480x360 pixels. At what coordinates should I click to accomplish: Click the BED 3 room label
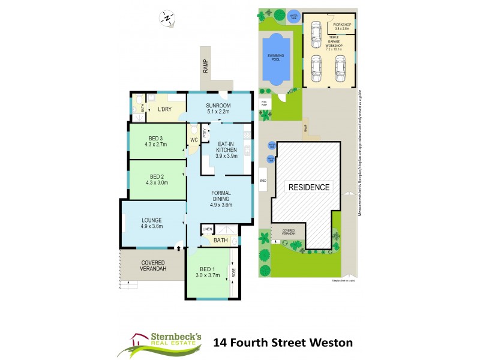(155, 137)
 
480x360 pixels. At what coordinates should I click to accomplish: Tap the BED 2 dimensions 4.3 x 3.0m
(155, 182)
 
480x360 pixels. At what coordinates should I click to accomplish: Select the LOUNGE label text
(152, 220)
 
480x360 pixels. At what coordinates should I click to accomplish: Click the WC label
(194, 140)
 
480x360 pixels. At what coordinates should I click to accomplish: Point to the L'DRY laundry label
(165, 110)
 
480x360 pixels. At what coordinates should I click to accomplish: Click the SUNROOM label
(218, 104)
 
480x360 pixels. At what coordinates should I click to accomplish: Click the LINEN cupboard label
(207, 230)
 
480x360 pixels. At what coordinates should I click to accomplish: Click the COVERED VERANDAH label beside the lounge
(154, 266)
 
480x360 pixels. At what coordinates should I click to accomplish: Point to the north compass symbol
(166, 18)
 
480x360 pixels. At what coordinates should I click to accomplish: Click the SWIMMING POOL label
(277, 56)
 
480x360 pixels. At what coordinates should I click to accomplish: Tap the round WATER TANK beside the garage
(293, 16)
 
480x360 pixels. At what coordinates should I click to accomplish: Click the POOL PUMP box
(265, 103)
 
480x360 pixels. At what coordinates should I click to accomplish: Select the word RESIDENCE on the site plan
(310, 187)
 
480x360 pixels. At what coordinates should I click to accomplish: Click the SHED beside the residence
(263, 179)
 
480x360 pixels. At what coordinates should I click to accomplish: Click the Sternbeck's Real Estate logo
(162, 343)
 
